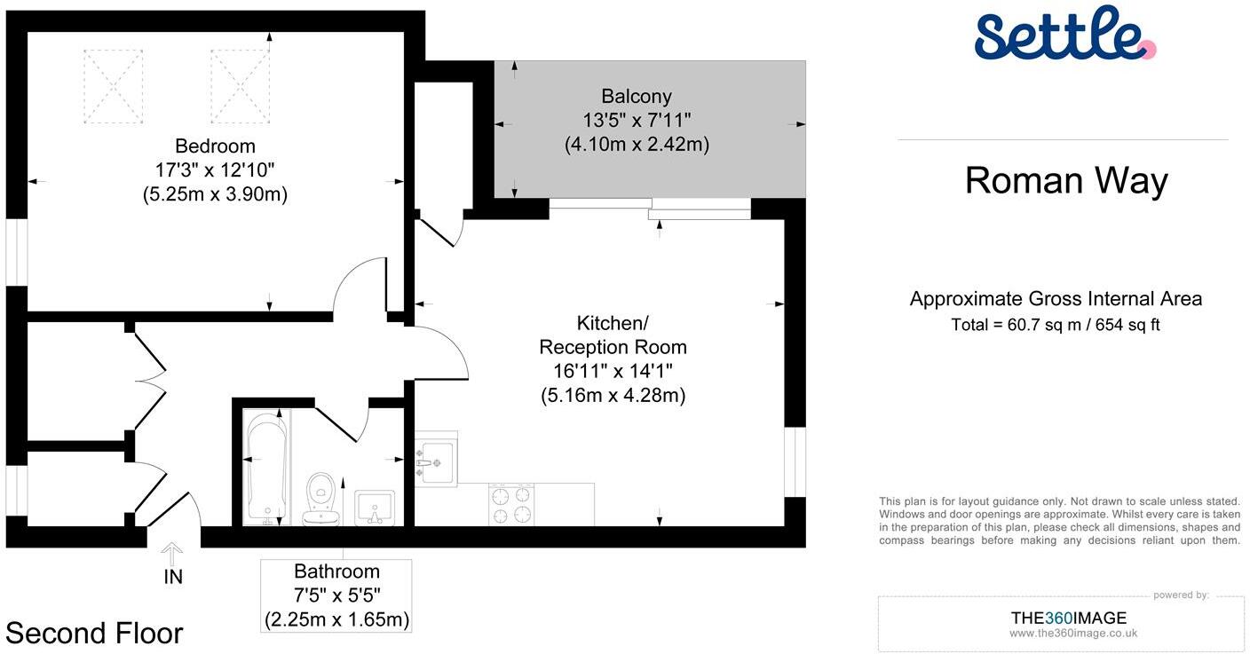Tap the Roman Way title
[x=1065, y=181]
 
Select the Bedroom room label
[x=215, y=146]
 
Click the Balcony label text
[x=636, y=97]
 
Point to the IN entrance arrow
[x=173, y=553]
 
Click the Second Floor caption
[x=94, y=633]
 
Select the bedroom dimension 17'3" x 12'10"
[x=215, y=170]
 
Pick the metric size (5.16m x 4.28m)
[x=613, y=396]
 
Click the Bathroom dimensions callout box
[x=336, y=595]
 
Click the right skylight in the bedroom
[x=240, y=86]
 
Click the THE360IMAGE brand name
[x=1068, y=618]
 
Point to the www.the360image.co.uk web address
[x=1072, y=634]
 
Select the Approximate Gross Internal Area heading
[x=1056, y=299]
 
